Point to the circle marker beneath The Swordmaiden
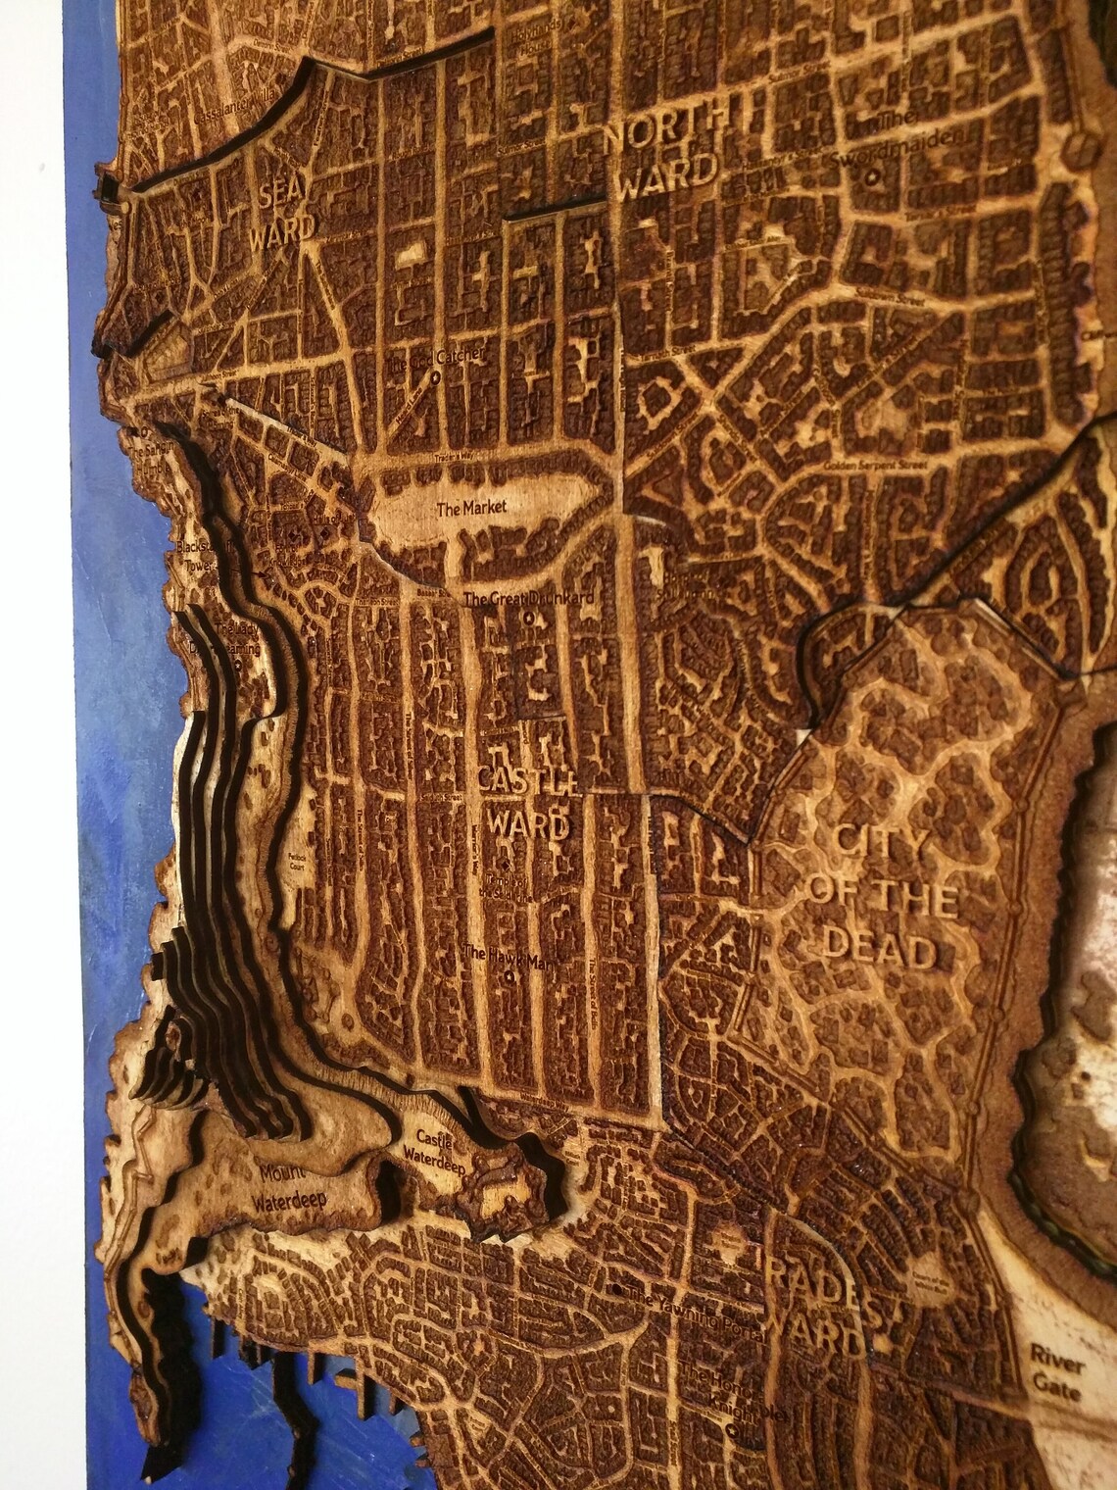tap(871, 177)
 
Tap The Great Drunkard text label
tap(528, 598)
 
